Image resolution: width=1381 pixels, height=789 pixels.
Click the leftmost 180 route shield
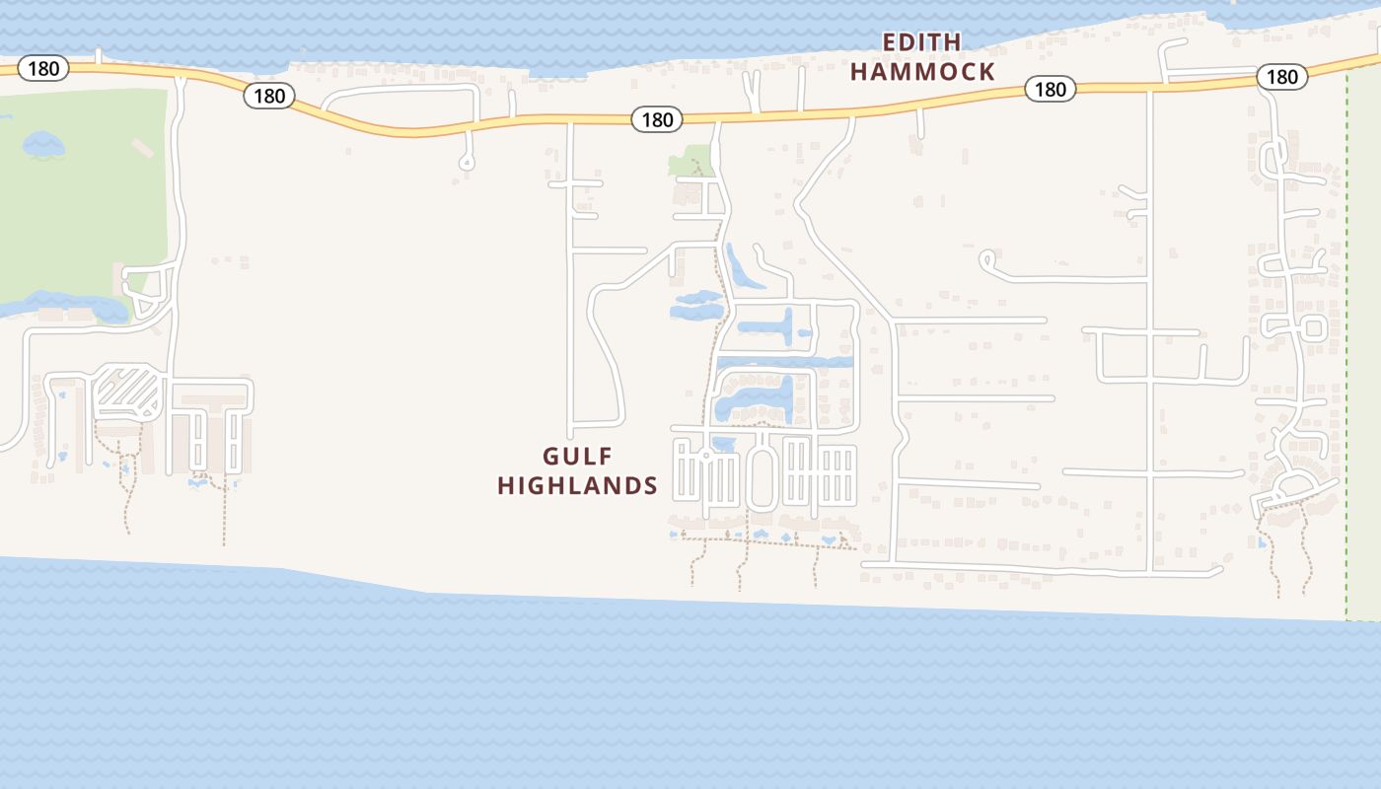click(x=43, y=69)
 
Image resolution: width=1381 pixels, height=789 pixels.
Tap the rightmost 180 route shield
click(x=1281, y=76)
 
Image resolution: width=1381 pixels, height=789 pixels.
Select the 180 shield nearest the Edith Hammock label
click(x=1050, y=89)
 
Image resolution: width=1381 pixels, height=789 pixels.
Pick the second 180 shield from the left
click(x=268, y=96)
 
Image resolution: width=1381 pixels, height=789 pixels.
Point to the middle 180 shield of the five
click(x=657, y=119)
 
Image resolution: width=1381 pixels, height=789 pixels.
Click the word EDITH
click(x=921, y=42)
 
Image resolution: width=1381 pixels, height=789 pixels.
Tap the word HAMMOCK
click(x=922, y=72)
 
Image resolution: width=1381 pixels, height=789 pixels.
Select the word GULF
click(x=577, y=457)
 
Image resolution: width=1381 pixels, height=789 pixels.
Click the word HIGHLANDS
click(x=577, y=485)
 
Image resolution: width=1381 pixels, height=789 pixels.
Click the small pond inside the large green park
click(x=43, y=145)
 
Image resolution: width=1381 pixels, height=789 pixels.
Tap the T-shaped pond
click(x=773, y=326)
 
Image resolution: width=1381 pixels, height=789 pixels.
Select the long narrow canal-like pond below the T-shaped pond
click(x=784, y=363)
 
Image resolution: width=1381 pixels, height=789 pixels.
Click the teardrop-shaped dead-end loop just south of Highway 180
click(x=467, y=161)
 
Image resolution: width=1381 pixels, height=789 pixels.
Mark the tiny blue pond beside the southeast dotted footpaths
click(x=1262, y=541)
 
